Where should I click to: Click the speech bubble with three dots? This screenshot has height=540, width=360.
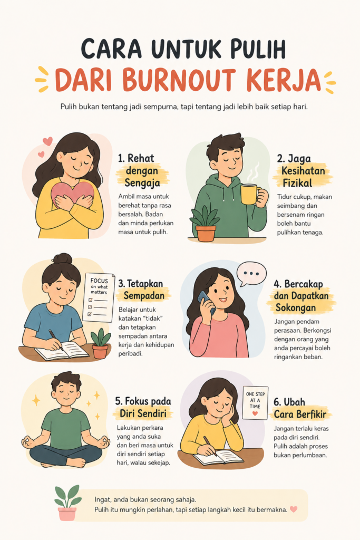coord(251,274)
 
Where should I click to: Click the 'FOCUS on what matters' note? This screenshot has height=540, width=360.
coord(99,297)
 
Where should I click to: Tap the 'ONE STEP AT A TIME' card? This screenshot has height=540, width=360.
coord(255,403)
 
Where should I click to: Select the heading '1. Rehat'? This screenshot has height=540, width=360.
coord(136,158)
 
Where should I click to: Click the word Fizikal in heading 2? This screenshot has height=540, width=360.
coord(297,183)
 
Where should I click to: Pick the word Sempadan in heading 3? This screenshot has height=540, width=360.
coord(144,296)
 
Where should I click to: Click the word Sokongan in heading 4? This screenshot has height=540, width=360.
coord(296,307)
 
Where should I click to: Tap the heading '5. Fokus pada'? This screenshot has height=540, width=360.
coord(143,401)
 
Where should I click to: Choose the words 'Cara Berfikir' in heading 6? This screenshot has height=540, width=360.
coord(300,414)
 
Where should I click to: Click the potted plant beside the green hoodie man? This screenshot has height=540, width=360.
coord(206,224)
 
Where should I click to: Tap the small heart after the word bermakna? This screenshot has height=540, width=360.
coord(293,509)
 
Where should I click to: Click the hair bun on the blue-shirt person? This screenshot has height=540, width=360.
coord(62,258)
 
